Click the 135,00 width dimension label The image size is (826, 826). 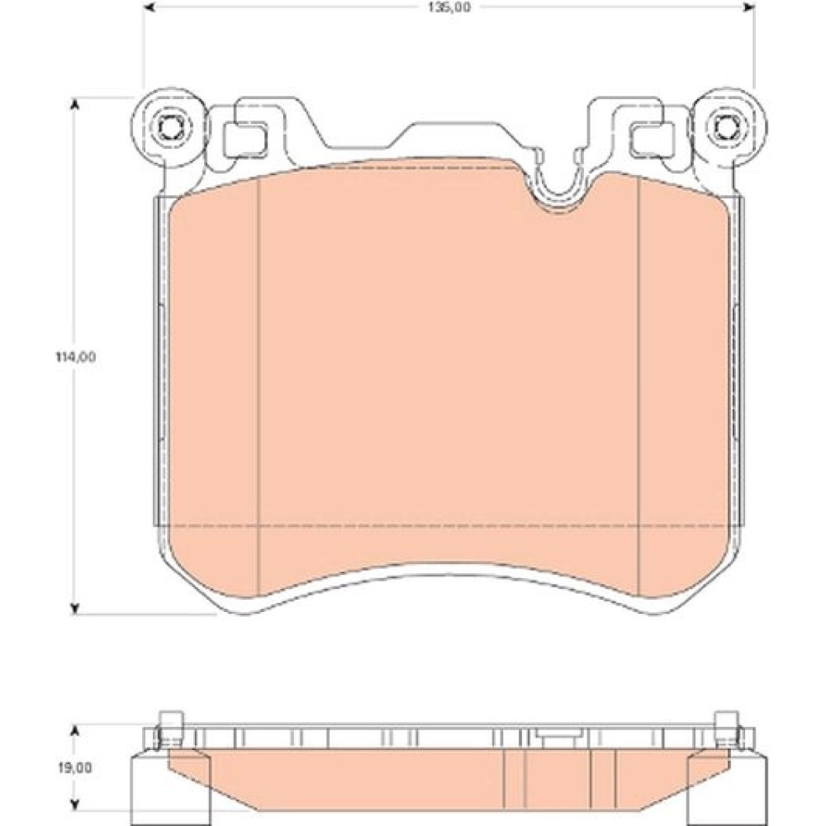coord(449,7)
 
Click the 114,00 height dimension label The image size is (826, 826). coord(76,357)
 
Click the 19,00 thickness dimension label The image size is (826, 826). coord(75,767)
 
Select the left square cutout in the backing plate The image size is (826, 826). coord(245,140)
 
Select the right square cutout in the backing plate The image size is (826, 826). coord(653,140)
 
